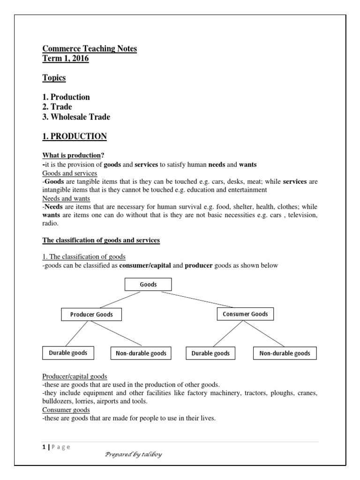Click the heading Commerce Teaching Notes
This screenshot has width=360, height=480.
pos(90,49)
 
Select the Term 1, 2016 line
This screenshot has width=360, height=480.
pos(65,59)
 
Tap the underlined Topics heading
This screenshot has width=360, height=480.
pos(54,78)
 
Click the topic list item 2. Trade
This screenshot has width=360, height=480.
pos(57,107)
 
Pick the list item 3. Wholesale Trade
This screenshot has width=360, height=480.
pos(76,117)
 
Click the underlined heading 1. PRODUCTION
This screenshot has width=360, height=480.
pos(75,136)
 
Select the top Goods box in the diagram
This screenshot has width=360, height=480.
pos(148,285)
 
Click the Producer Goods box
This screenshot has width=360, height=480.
pos(91,315)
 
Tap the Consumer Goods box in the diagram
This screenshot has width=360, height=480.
pos(245,314)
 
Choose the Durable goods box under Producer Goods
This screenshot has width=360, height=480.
pos(68,352)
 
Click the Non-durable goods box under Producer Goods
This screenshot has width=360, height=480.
pos(141,353)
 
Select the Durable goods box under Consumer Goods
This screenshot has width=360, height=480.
pos(210,353)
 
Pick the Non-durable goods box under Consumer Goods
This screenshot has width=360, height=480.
pos(285,353)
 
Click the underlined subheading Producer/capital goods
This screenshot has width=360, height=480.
pos(75,376)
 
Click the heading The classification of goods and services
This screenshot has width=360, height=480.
pos(101,240)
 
